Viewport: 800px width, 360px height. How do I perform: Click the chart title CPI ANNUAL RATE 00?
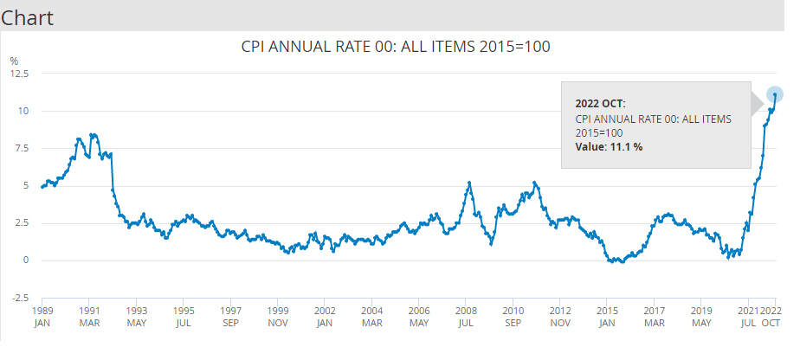396,46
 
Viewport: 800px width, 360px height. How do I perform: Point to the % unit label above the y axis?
14,61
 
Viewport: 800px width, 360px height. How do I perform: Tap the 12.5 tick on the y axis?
20,74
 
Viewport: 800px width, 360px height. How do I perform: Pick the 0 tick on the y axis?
27,260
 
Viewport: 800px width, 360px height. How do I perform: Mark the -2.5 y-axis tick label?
20,298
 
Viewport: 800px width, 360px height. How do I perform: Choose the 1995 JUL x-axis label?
183,315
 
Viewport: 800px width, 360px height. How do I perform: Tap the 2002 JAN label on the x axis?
325,315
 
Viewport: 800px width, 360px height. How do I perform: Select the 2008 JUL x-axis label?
466,315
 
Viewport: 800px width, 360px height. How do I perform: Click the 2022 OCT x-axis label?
772,315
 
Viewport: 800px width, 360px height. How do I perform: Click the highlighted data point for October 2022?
774,94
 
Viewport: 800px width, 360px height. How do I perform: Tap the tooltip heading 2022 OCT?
600,103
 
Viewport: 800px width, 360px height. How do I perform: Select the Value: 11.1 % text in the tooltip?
609,147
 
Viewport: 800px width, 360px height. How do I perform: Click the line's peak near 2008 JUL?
469,183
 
